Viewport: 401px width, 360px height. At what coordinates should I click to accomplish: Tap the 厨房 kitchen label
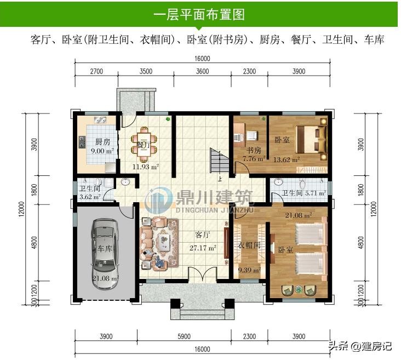coord(102,141)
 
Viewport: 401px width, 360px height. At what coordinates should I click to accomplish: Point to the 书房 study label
coord(254,151)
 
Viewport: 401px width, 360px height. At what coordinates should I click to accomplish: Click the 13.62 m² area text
coord(287,160)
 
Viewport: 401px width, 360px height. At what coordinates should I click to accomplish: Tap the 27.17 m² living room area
coord(203,248)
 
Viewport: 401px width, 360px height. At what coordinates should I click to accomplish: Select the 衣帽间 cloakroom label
coord(249,245)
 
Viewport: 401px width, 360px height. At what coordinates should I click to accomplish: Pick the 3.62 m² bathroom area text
coord(90,197)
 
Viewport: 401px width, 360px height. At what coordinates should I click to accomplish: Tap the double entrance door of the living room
coord(203,274)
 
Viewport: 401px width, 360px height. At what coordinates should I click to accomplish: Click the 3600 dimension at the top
coord(203,71)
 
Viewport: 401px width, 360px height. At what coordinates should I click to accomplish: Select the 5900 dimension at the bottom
coord(184,336)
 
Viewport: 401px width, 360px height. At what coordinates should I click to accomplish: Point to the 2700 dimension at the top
coord(96,71)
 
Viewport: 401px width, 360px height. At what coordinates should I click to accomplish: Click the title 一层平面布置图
coord(199,14)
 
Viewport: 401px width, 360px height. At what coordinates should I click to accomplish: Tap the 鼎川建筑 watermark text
coord(214,197)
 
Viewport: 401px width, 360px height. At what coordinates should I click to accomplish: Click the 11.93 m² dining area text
coord(146,167)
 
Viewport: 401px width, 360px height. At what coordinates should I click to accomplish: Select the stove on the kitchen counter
coord(82,142)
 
